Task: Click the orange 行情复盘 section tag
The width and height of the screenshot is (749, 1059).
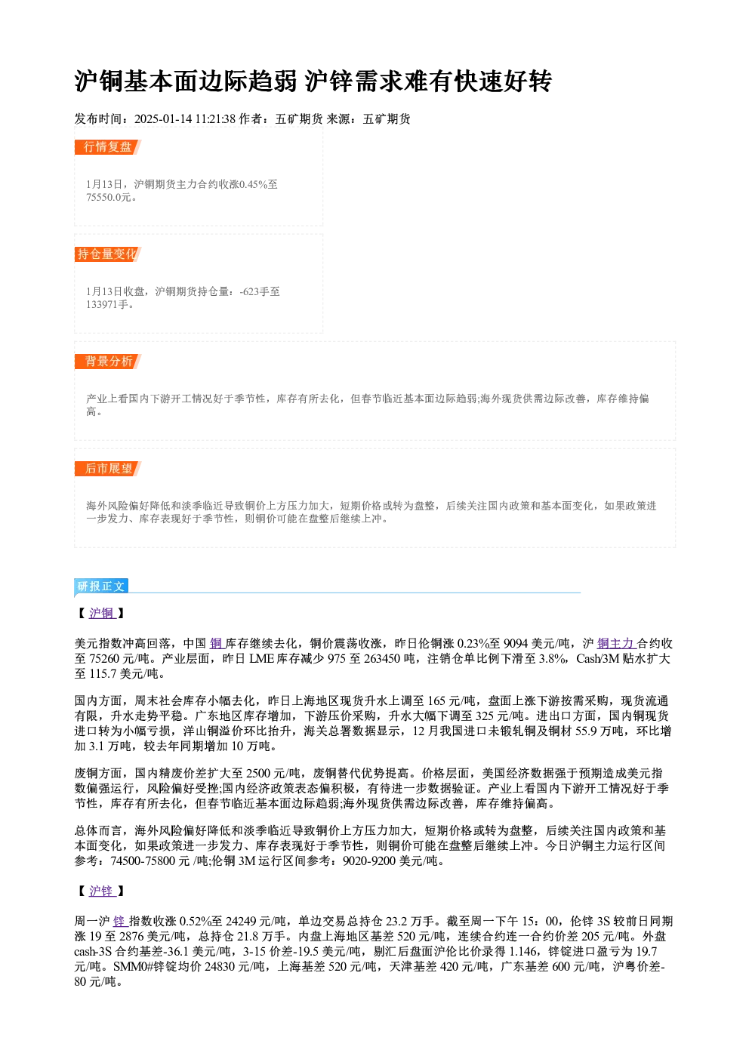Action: (108, 147)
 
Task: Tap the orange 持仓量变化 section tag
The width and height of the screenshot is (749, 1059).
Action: (108, 254)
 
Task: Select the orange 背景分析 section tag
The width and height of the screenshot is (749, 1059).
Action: (108, 362)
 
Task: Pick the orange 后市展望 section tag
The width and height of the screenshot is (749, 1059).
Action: (108, 469)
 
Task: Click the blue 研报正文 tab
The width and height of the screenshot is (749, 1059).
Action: (101, 586)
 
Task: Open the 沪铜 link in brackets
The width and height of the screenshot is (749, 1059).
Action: (102, 613)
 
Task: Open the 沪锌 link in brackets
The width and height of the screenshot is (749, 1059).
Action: (102, 891)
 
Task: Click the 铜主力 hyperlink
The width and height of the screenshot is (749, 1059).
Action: (616, 643)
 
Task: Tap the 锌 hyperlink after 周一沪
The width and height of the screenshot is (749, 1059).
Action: (120, 922)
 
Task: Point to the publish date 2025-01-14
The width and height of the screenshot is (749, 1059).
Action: (163, 119)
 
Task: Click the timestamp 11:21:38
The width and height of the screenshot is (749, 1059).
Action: (215, 119)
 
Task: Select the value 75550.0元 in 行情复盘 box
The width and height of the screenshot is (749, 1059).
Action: (108, 198)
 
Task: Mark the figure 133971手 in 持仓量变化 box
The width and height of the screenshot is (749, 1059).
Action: (107, 305)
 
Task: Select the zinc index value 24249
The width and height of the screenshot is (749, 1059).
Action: (241, 922)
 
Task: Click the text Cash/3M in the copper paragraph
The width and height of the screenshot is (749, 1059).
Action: (598, 658)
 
